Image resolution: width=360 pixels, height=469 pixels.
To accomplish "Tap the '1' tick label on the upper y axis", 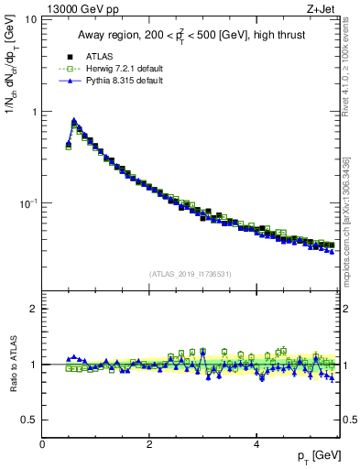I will (35, 112).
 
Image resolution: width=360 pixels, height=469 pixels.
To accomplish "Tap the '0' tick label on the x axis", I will (42, 443).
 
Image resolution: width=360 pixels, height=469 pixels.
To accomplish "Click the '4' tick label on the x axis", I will (256, 443).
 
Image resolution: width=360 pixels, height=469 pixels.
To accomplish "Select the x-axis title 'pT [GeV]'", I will (317, 456).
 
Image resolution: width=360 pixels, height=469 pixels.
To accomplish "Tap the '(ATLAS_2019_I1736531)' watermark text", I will (191, 274).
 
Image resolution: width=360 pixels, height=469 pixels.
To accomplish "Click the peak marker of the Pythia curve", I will (74, 120).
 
